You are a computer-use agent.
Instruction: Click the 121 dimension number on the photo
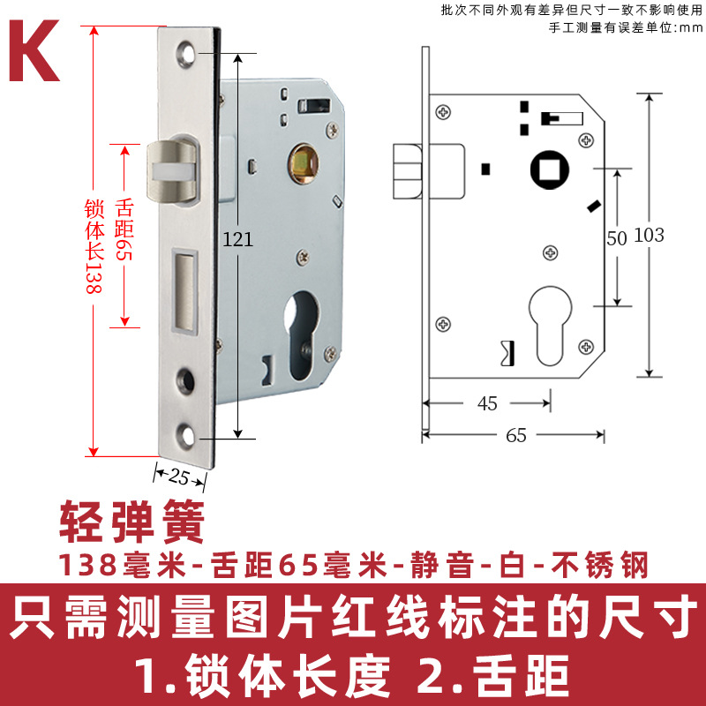coord(238,238)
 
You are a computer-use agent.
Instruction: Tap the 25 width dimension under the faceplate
coord(179,477)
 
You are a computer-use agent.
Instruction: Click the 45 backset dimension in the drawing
coord(487,403)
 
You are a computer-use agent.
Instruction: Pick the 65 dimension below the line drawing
coord(516,434)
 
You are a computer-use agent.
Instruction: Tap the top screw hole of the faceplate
coord(185,54)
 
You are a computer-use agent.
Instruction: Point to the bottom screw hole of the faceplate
coord(185,432)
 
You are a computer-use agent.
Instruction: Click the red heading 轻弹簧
coord(131,522)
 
